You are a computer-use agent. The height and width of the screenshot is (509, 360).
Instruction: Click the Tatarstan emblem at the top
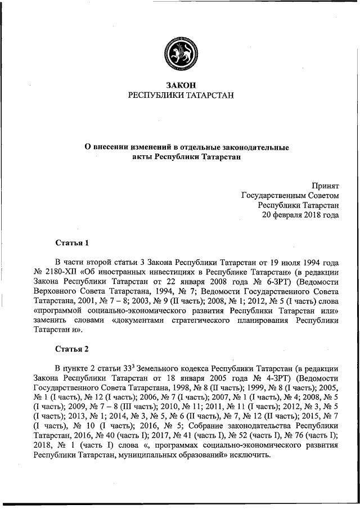[180, 50]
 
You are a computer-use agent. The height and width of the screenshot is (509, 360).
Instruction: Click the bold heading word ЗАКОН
[180, 85]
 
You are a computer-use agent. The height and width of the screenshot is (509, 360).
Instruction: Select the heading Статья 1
[72, 244]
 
